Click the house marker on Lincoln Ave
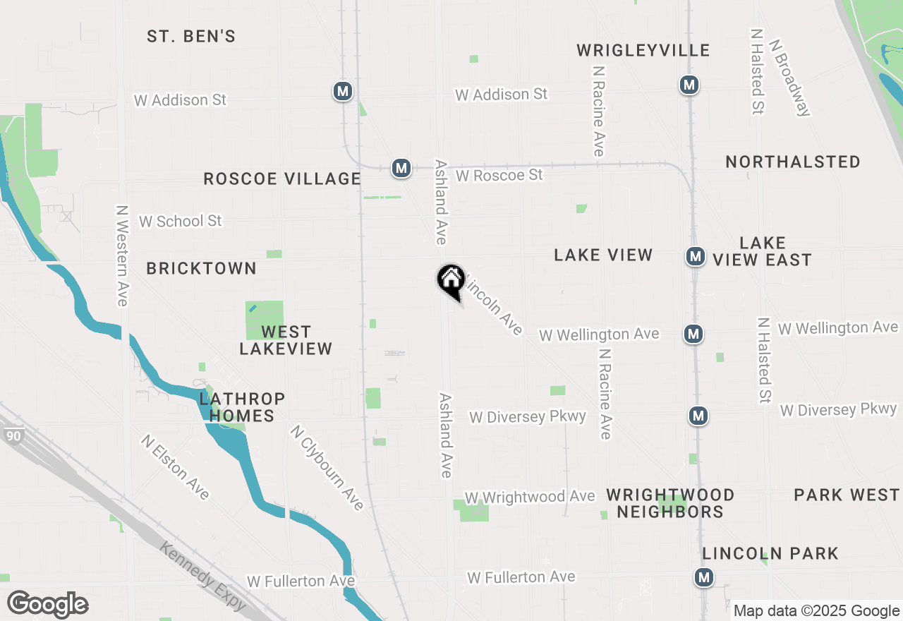[451, 280]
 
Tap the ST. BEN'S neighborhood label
[191, 36]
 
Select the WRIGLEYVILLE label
[643, 50]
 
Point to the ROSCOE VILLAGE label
[282, 179]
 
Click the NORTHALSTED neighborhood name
[793, 162]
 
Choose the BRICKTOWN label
[201, 268]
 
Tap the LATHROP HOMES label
[242, 407]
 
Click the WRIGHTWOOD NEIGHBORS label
[670, 503]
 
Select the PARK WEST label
[847, 495]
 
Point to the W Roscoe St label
[499, 174]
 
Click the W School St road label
[180, 221]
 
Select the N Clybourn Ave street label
[327, 467]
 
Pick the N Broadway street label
[790, 76]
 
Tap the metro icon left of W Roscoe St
[401, 168]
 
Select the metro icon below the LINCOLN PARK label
[703, 577]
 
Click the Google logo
[47, 604]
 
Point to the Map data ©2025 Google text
[816, 611]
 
